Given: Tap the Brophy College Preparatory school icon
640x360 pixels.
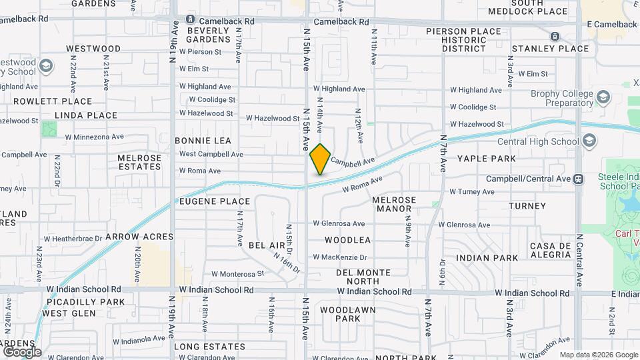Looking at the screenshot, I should click(x=603, y=98).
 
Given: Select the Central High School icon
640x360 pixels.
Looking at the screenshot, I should click(x=589, y=141).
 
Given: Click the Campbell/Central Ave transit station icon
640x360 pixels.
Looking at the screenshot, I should click(x=578, y=179).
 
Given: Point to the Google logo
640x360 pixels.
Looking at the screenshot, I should click(x=21, y=351).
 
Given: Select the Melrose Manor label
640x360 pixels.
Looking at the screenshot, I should click(x=394, y=204).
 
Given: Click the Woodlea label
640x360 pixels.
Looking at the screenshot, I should click(x=348, y=239).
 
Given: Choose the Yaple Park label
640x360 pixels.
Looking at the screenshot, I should click(x=486, y=159).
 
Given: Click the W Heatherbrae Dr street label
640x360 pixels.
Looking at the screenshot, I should click(x=73, y=238).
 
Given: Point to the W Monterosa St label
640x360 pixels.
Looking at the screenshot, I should click(x=238, y=273).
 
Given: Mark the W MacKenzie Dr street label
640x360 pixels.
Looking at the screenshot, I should click(x=341, y=257).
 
